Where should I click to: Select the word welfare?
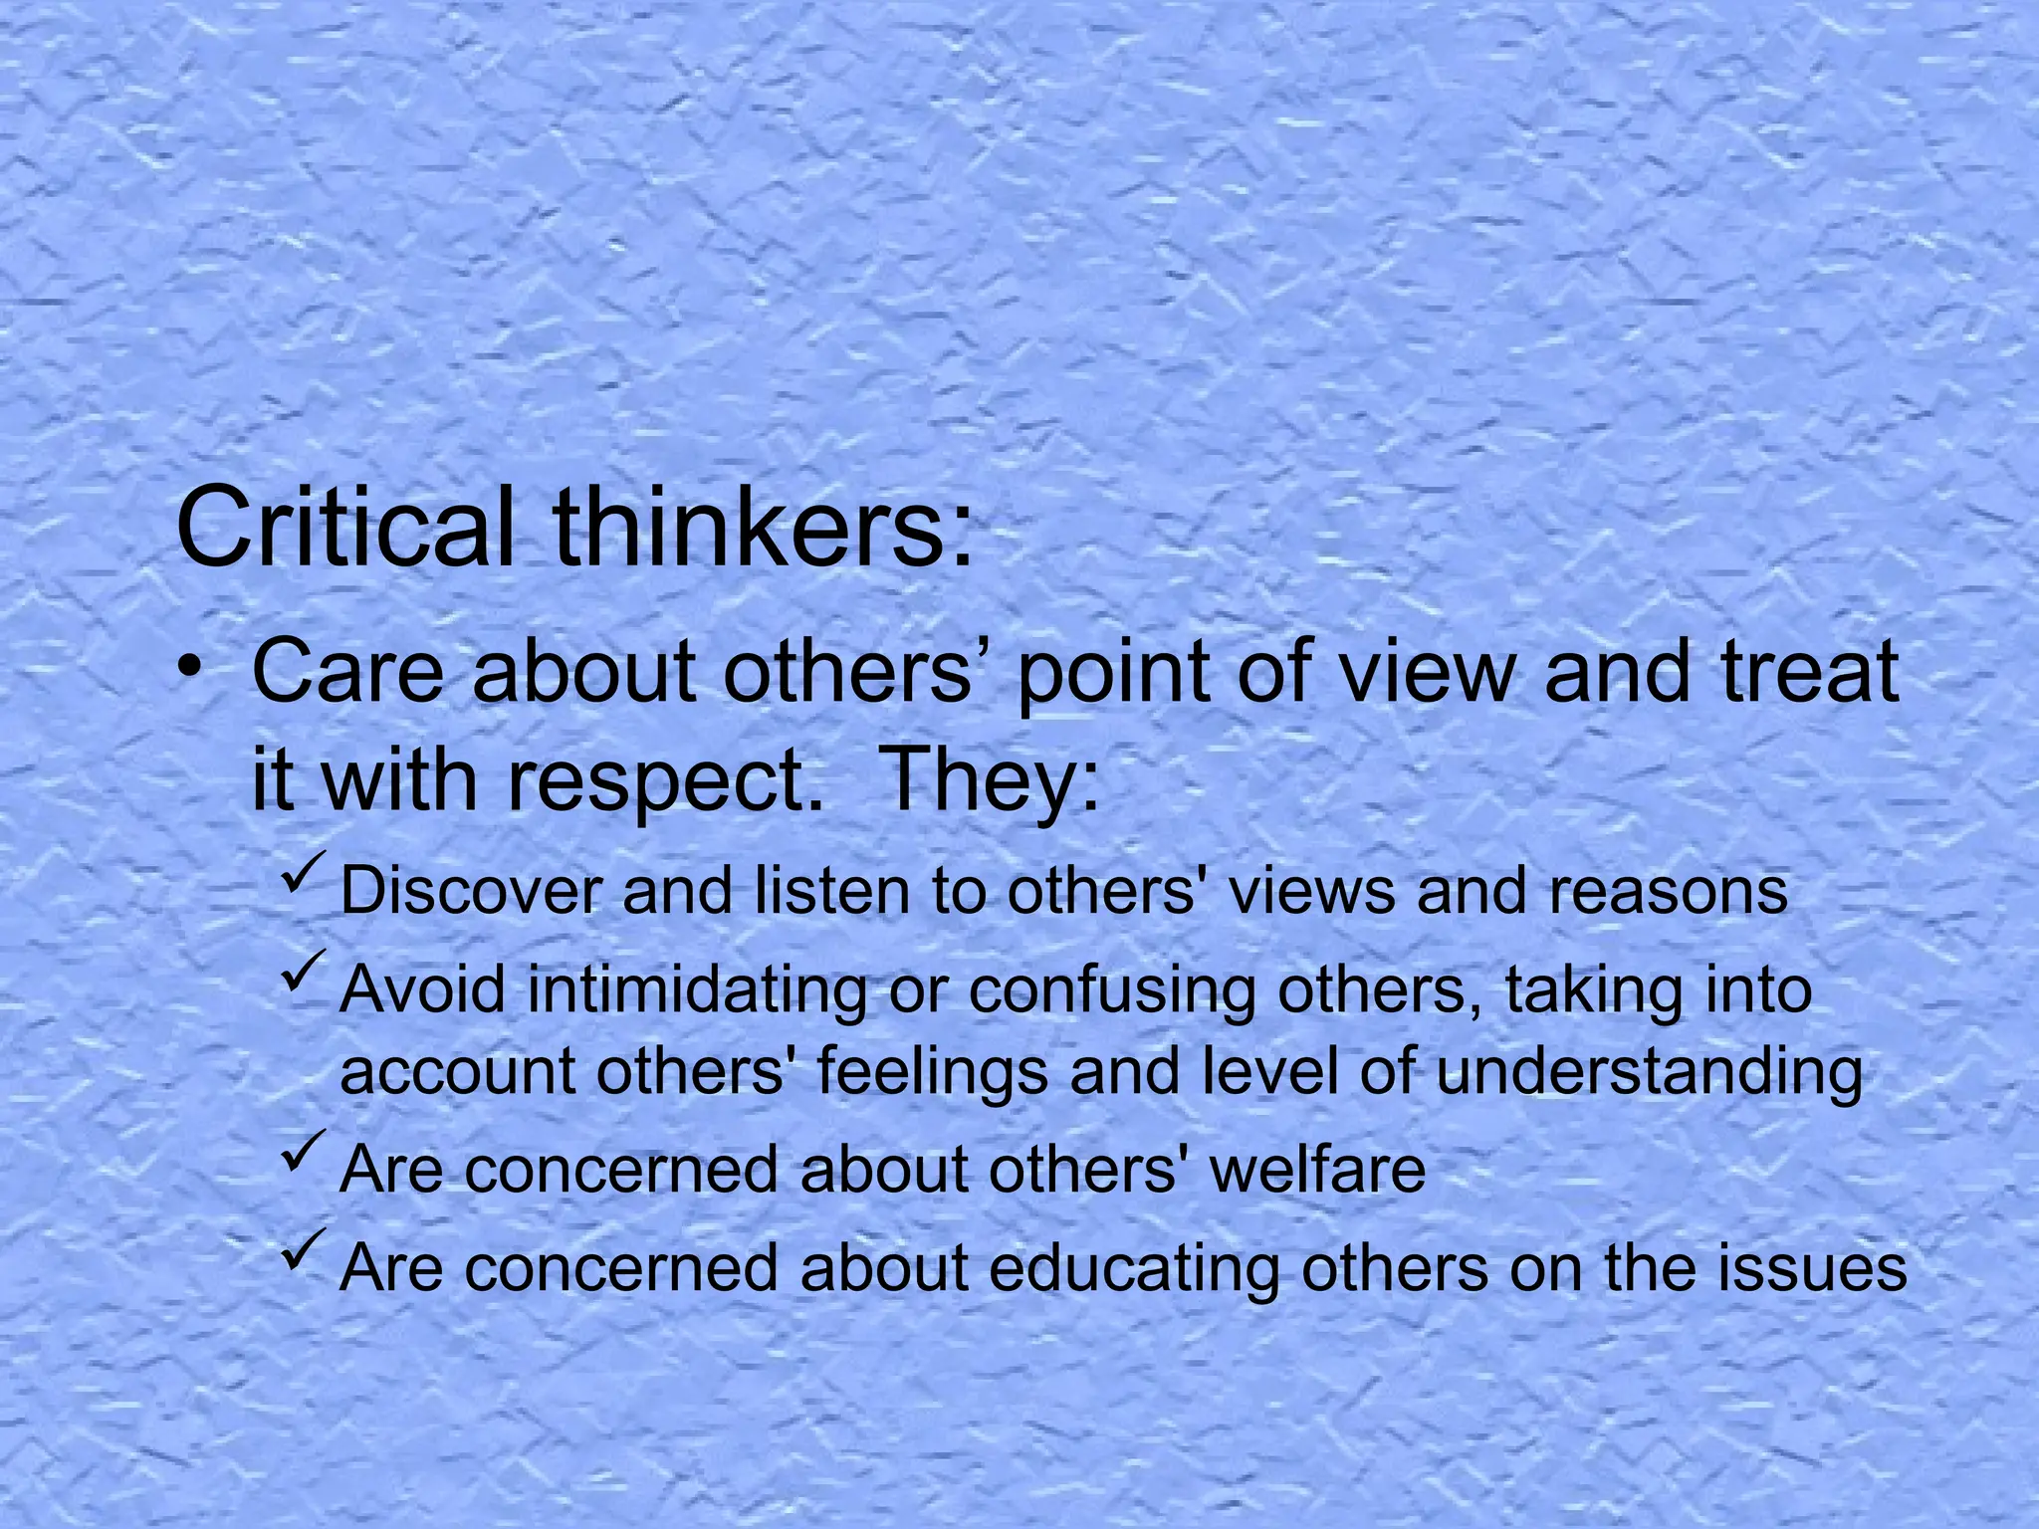click(x=1318, y=1169)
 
